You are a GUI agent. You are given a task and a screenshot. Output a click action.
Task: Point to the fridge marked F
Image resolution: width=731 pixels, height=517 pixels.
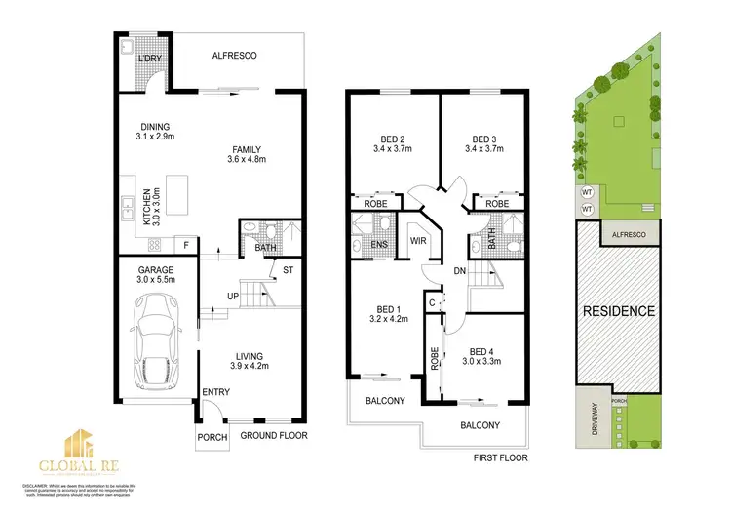(185, 245)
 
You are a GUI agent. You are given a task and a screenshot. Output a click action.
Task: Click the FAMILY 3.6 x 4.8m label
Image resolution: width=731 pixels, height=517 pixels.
(246, 153)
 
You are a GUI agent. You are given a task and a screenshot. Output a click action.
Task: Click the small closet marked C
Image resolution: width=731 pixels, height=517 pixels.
(432, 302)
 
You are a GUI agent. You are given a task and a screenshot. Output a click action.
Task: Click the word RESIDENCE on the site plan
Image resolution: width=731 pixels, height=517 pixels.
(619, 312)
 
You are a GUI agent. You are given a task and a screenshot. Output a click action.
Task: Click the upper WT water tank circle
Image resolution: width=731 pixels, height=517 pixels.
(587, 192)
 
